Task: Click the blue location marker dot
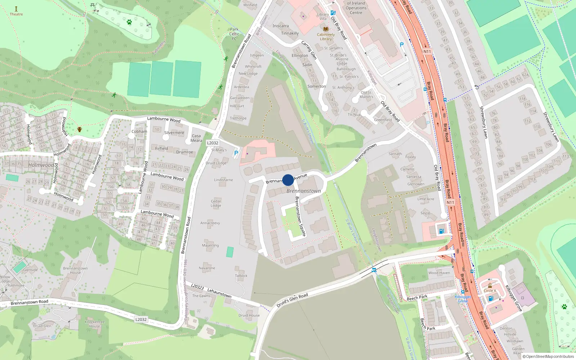coord(288,180)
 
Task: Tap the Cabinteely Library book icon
coord(326,29)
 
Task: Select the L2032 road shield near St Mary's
coord(212,143)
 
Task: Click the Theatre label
coord(16,14)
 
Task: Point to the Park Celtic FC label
coord(234,34)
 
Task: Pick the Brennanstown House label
coord(75,270)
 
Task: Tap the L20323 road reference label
coord(198,287)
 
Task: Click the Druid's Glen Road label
coord(292,300)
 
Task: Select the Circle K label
coord(490,291)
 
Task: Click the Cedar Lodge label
coord(216,203)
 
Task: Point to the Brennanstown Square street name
coord(300,216)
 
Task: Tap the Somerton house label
coord(317,86)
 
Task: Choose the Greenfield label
coord(383,120)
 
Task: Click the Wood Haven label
coord(439,273)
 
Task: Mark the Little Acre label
coord(426,199)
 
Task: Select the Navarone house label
coord(207,268)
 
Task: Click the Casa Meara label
coord(196,138)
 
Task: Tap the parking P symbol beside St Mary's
coord(236,153)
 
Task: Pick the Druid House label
coord(249,315)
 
